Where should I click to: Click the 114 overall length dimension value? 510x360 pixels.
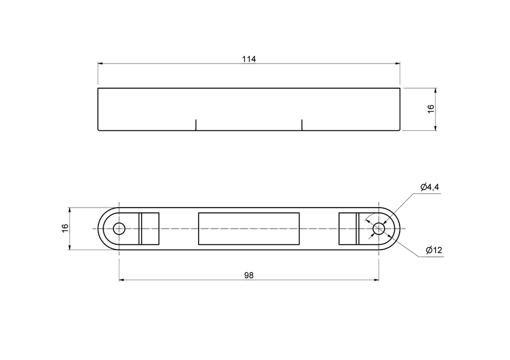[249, 59]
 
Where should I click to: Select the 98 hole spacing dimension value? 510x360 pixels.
[249, 275]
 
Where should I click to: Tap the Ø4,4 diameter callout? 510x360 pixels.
[430, 188]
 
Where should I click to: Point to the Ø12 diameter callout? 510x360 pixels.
[434, 250]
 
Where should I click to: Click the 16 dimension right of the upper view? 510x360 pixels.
[430, 109]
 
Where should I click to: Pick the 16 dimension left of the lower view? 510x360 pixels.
[65, 229]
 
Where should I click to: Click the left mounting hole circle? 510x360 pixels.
[119, 229]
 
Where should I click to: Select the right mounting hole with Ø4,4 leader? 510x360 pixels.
[378, 229]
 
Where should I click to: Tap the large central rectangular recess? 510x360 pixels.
[249, 229]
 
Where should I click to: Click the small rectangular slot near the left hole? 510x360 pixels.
[149, 229]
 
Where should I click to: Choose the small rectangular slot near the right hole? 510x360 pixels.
[348, 229]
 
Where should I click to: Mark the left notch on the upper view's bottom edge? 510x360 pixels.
[196, 124]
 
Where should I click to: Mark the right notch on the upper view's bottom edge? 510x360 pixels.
[302, 124]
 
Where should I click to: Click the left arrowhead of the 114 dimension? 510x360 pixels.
[101, 63]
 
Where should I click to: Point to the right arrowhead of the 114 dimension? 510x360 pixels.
[397, 63]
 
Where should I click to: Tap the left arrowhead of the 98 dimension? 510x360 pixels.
[122, 280]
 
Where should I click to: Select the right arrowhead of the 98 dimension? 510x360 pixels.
[376, 280]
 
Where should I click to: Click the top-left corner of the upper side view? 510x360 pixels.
[98, 88]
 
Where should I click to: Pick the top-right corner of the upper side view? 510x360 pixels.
[400, 88]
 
